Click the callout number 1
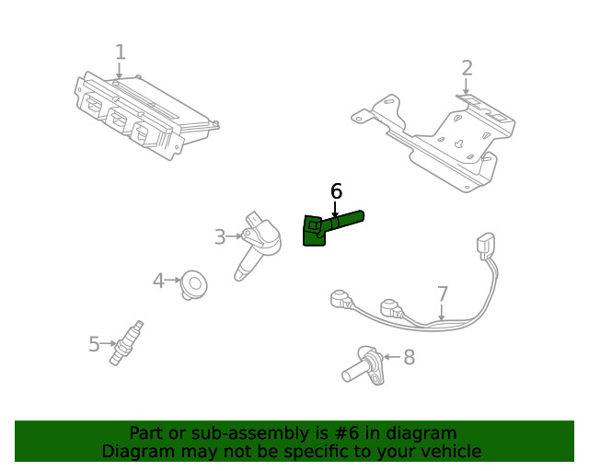click(120, 52)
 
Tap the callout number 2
click(467, 67)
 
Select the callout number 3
click(219, 237)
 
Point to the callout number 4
click(158, 281)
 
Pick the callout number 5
click(94, 344)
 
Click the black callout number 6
click(336, 191)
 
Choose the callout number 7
click(443, 294)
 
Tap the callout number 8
click(409, 357)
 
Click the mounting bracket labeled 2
click(442, 143)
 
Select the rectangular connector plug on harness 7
click(484, 246)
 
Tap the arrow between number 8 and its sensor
click(390, 357)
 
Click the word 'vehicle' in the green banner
click(448, 452)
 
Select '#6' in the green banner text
click(334, 433)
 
